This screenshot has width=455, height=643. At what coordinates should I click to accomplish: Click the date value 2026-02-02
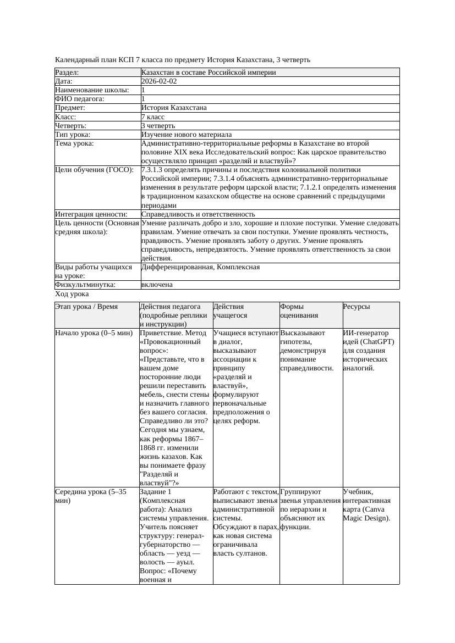tap(159, 81)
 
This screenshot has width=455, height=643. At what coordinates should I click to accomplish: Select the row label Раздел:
tap(67, 73)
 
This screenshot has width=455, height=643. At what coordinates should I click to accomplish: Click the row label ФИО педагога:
tap(80, 99)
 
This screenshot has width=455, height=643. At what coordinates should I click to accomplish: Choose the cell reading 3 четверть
tap(158, 126)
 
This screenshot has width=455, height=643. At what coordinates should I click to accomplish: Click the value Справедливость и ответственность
tap(198, 214)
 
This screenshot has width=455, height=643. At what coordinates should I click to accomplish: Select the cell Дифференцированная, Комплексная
tap(200, 267)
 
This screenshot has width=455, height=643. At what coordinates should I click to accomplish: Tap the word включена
tap(157, 285)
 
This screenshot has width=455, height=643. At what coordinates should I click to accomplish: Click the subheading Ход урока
tap(72, 295)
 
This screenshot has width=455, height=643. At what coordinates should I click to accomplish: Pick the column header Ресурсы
tap(357, 307)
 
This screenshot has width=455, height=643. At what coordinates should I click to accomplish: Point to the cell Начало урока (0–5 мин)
tap(94, 333)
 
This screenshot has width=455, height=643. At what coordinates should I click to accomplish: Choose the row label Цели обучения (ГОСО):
tap(94, 170)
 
